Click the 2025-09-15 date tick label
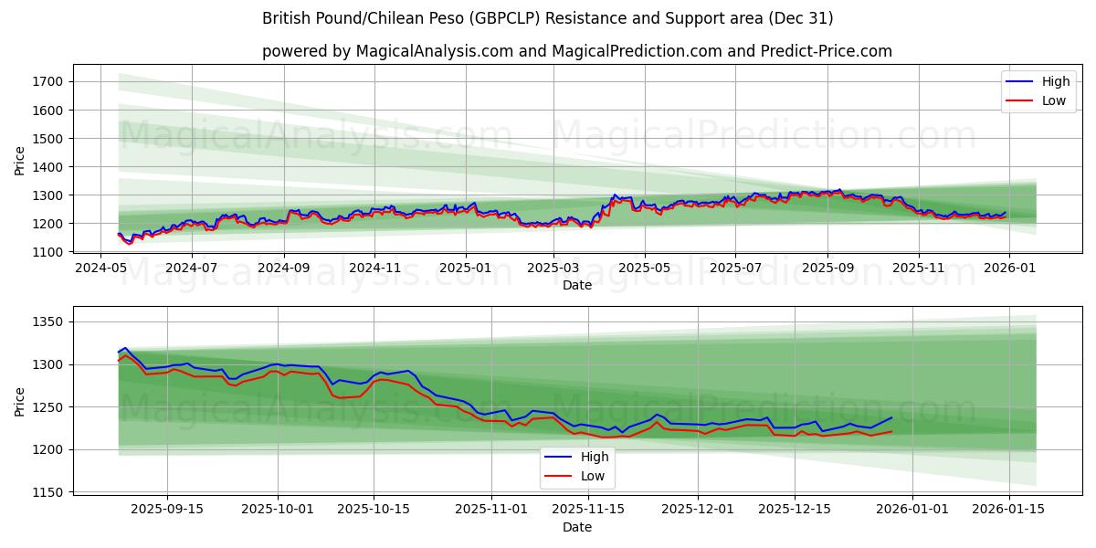pyautogui.click(x=167, y=509)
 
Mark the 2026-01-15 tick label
pyautogui.click(x=1009, y=509)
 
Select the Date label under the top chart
pyautogui.click(x=576, y=285)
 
